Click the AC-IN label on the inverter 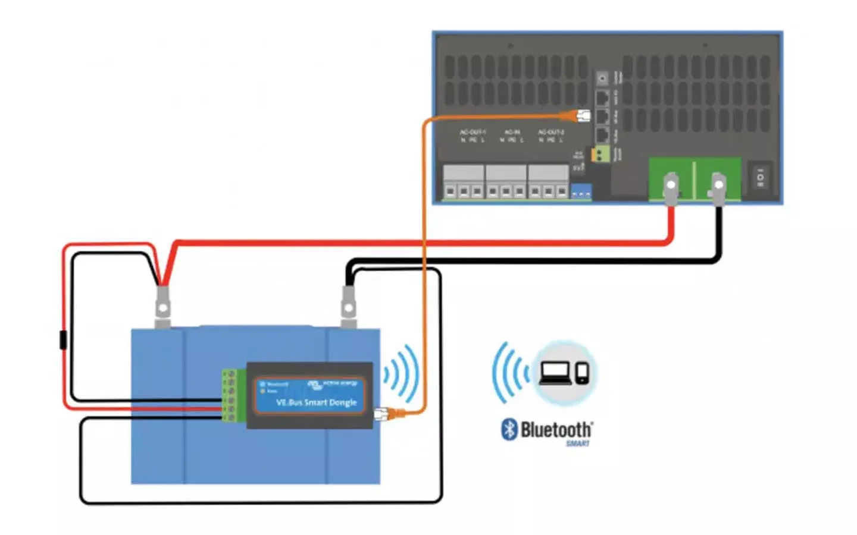(512, 132)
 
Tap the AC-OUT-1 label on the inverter (473, 132)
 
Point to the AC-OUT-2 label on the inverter (551, 132)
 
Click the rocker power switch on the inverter (760, 177)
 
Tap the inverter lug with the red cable (671, 185)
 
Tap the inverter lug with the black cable (718, 185)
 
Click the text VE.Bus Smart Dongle (316, 402)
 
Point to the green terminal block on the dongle (232, 396)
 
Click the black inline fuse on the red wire (63, 341)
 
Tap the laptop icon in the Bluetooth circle (555, 373)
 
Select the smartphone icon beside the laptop (582, 373)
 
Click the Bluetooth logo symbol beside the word (509, 429)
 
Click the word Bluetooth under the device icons (556, 429)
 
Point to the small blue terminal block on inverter (581, 193)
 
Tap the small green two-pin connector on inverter (599, 155)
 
